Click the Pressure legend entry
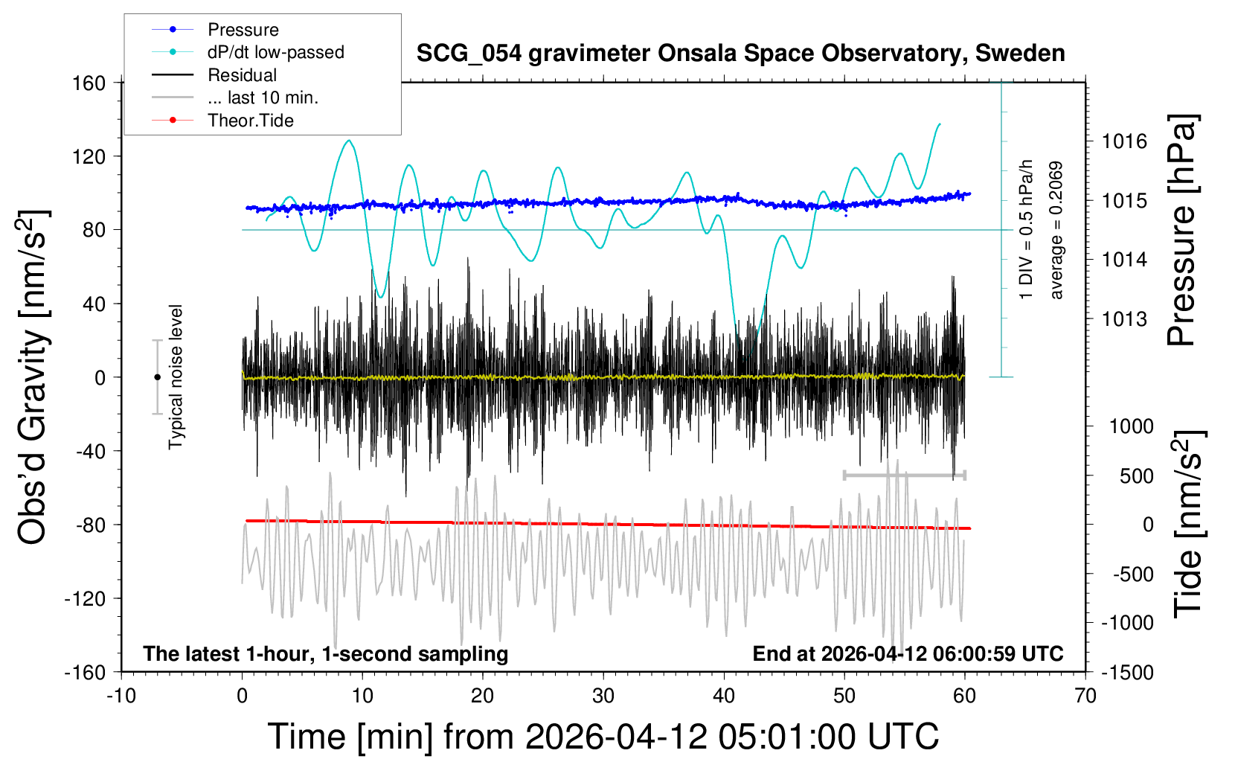(x=243, y=30)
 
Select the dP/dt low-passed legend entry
(x=275, y=52)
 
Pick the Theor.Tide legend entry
(x=250, y=121)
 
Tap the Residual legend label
(x=242, y=75)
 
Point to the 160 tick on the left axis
(x=89, y=83)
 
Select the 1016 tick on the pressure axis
(x=1124, y=141)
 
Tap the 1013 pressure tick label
(x=1124, y=319)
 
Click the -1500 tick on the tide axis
(x=1127, y=672)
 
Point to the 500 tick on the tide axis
(x=1136, y=476)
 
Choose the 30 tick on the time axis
(x=603, y=696)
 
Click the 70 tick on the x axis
(x=1085, y=696)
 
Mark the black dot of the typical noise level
(x=157, y=377)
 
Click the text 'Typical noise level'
(x=176, y=377)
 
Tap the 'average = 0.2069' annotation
(x=1056, y=231)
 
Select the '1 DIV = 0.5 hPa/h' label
(x=1027, y=229)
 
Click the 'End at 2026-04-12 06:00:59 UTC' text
(x=908, y=654)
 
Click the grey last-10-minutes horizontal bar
(x=904, y=475)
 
